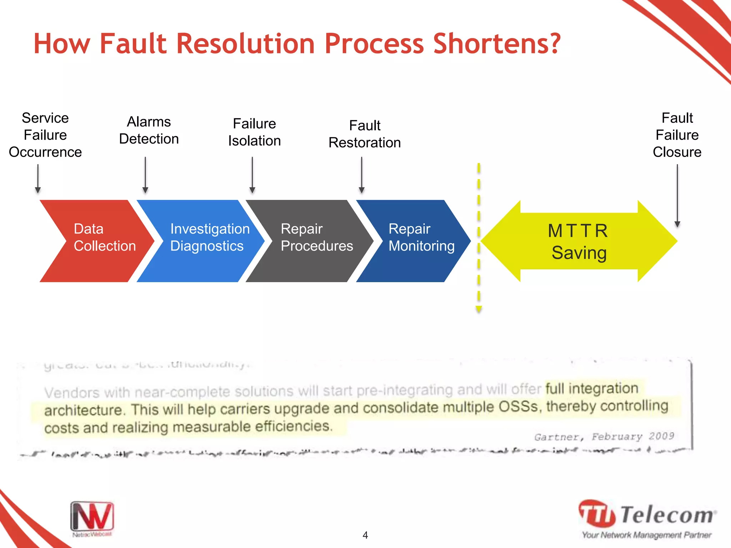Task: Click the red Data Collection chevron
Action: tap(96, 241)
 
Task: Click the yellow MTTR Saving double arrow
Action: tap(578, 242)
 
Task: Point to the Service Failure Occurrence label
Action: tap(45, 135)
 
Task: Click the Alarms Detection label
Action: tap(149, 130)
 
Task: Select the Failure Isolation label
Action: tap(254, 132)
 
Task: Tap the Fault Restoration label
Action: tap(364, 134)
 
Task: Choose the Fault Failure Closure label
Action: tap(677, 135)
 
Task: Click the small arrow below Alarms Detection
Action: tap(145, 175)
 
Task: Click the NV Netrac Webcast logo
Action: tap(92, 518)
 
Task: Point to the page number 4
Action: tap(365, 535)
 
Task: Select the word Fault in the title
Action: tap(133, 44)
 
